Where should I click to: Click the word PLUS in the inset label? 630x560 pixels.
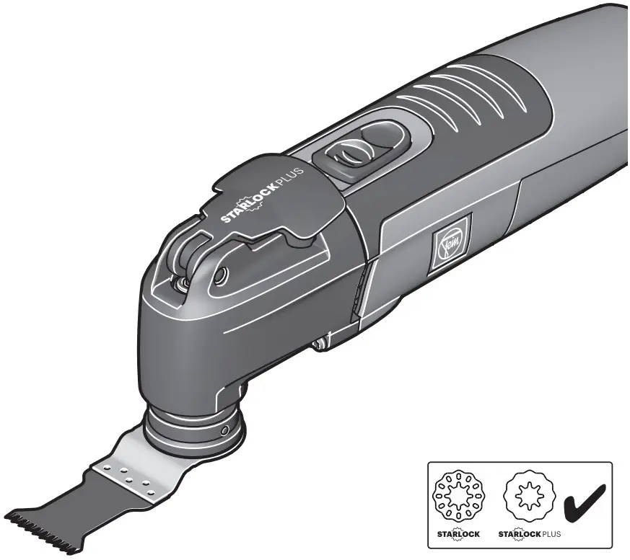click(550, 535)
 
